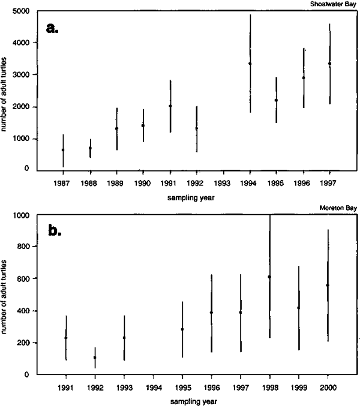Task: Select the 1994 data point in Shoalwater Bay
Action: pyautogui.click(x=250, y=64)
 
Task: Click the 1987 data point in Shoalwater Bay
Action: pyautogui.click(x=62, y=149)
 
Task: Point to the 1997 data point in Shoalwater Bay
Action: pyautogui.click(x=330, y=64)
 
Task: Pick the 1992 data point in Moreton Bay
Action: pyautogui.click(x=95, y=358)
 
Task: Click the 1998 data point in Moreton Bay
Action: pyautogui.click(x=269, y=277)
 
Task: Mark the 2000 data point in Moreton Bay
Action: pyautogui.click(x=328, y=285)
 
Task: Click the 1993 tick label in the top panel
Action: pyautogui.click(x=223, y=181)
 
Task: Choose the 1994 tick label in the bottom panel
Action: pyautogui.click(x=153, y=387)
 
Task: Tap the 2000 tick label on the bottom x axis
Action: pyautogui.click(x=328, y=387)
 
